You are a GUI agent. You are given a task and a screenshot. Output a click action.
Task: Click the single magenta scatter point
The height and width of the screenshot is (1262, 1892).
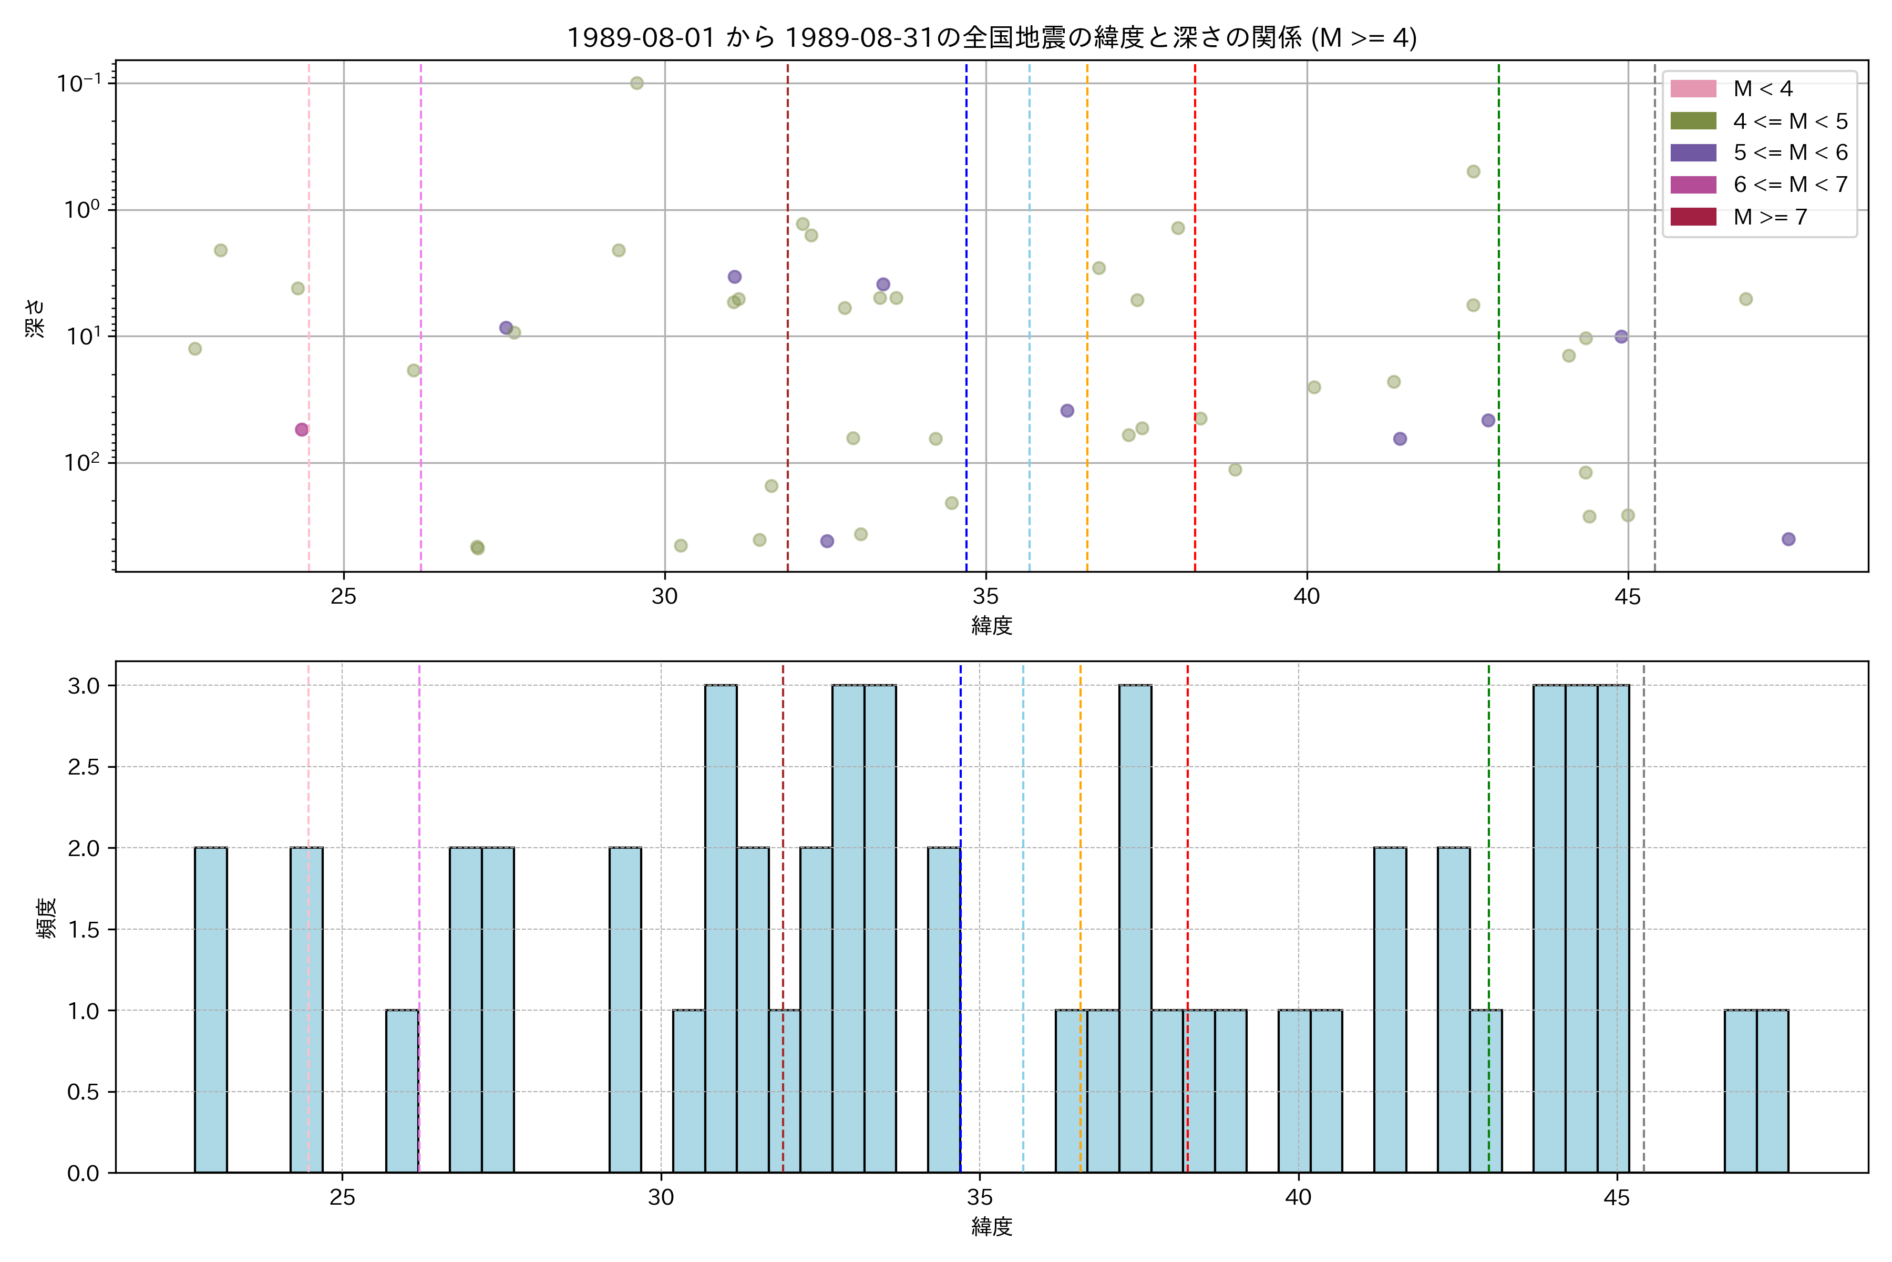[302, 430]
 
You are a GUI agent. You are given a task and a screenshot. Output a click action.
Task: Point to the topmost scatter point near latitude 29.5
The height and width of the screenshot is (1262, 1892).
[636, 83]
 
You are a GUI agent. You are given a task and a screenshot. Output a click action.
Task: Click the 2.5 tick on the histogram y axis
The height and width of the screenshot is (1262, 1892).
[83, 767]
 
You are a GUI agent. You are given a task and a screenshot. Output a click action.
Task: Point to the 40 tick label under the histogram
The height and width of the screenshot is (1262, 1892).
[1298, 1198]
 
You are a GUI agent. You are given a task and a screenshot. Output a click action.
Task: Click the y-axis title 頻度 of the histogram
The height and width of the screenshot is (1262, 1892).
[47, 918]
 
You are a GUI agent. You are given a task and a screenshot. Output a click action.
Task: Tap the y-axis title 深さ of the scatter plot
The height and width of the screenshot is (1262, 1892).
[35, 318]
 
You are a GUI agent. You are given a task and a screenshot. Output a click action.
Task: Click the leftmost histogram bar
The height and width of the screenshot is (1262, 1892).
[211, 1010]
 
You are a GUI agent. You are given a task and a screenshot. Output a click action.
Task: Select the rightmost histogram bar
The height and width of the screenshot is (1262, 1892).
[1772, 1092]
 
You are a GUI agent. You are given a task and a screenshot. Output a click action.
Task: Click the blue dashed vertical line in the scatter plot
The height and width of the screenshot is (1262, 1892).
[966, 322]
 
